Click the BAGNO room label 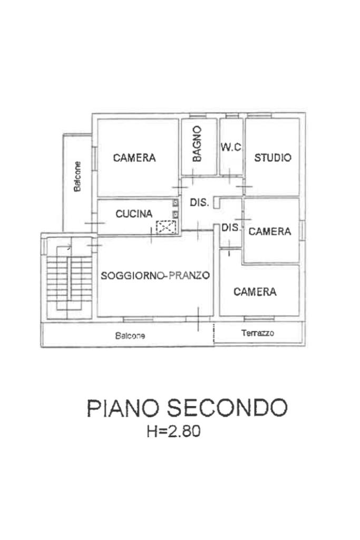197,143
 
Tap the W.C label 231,148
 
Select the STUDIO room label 273,158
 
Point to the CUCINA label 134,214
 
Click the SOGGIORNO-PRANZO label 155,275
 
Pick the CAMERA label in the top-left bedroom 134,158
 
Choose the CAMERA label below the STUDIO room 270,232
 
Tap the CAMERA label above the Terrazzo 255,292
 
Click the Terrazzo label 258,333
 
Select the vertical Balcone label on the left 77,176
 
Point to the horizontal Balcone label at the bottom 130,336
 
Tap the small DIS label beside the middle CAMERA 230,228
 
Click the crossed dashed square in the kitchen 166,227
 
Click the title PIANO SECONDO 187,408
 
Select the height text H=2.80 174,432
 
